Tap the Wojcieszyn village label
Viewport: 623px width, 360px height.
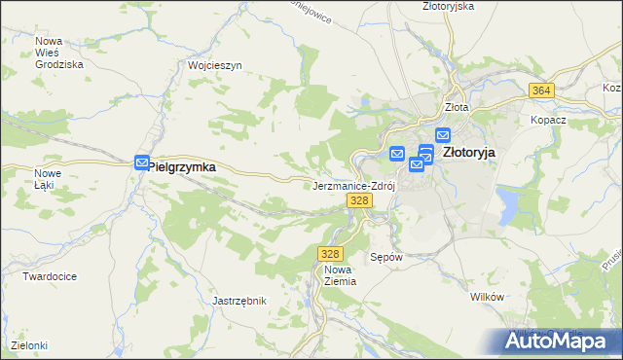coord(214,65)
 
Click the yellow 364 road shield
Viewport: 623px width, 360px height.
coord(543,90)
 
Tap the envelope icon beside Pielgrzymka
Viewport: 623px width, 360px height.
coord(142,163)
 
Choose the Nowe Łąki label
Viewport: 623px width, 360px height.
coord(48,180)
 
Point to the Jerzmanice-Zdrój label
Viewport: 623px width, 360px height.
coord(352,185)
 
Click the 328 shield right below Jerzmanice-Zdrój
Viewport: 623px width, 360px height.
coord(359,200)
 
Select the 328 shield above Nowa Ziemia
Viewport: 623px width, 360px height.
coord(328,253)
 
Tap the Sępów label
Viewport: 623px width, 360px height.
coord(386,258)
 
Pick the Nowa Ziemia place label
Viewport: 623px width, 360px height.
coord(341,274)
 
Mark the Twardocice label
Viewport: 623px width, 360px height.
coord(51,276)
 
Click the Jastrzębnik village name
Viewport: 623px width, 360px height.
coord(239,301)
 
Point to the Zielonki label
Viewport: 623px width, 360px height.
coord(29,345)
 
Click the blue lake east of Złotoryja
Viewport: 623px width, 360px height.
coord(508,204)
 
